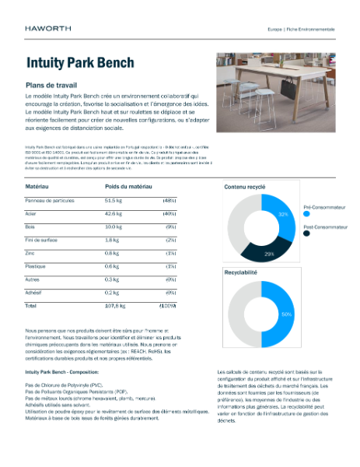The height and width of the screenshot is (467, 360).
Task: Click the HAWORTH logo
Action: pos(48,29)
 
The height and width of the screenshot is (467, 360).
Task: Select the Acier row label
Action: pos(33,212)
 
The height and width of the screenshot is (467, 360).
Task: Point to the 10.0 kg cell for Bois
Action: pos(116,226)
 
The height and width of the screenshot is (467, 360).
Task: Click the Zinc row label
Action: pos(32,253)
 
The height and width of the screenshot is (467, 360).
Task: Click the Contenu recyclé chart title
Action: pos(244,188)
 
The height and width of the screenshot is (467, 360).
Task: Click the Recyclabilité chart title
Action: pos(242,274)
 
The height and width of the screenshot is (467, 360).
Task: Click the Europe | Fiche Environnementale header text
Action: pos(301,29)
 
